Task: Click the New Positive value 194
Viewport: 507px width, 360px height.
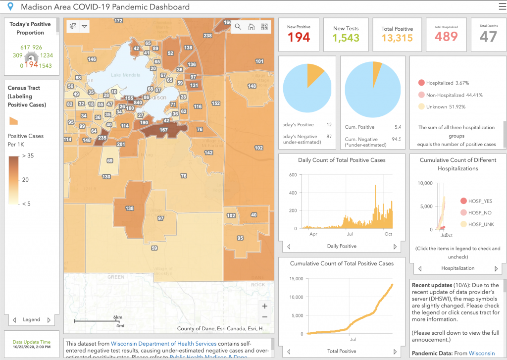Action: point(299,38)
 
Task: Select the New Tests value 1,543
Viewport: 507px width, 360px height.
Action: point(346,38)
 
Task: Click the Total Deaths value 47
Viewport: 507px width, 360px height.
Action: point(488,37)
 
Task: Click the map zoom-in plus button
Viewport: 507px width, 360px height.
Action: point(265,306)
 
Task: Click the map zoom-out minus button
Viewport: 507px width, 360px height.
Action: point(265,317)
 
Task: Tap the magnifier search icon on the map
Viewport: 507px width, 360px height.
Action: point(238,27)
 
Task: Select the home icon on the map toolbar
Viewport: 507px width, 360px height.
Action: point(252,27)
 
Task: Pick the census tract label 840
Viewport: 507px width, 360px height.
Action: point(138,103)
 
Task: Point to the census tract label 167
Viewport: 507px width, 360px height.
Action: point(163,130)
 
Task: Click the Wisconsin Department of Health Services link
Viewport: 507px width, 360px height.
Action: point(163,344)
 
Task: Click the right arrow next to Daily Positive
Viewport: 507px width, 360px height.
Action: point(395,246)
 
